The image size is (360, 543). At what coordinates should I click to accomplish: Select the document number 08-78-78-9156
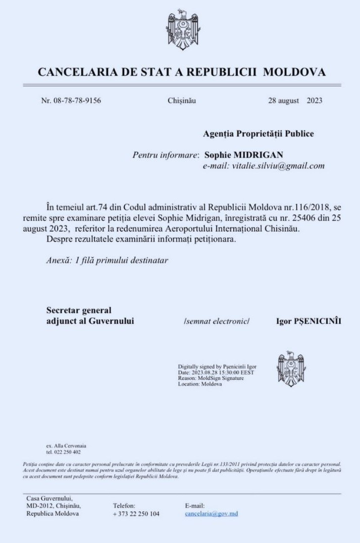[x=77, y=100]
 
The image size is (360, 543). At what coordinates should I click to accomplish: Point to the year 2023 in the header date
[x=314, y=100]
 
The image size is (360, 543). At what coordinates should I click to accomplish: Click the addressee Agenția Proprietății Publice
[x=258, y=134]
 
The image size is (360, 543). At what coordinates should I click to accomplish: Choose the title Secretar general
[x=79, y=310]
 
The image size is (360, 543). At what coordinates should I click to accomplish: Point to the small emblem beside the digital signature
[x=291, y=369]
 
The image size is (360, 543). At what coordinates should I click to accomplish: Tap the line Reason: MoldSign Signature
[x=211, y=378]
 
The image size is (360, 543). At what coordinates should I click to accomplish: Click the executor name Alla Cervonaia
[x=69, y=446]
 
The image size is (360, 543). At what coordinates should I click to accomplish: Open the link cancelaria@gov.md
[x=212, y=514]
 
